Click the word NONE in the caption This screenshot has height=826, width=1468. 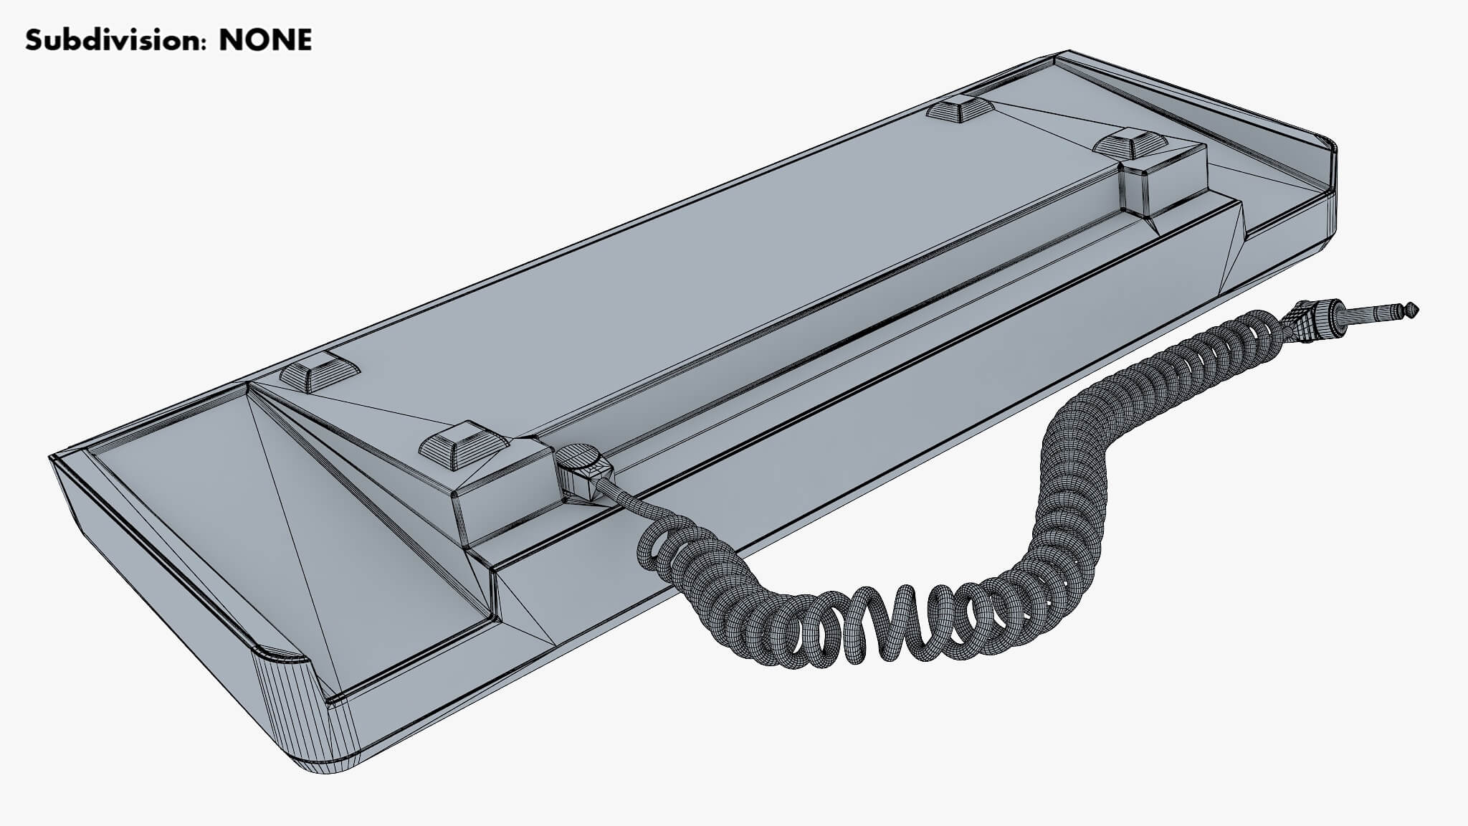(x=265, y=40)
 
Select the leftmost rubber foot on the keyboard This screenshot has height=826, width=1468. (x=320, y=375)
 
